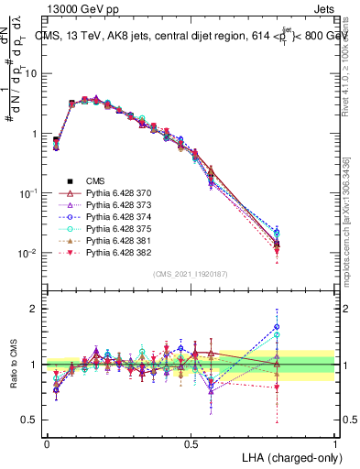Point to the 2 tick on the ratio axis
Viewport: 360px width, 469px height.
point(35,309)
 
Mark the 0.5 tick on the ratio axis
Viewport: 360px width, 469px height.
point(31,420)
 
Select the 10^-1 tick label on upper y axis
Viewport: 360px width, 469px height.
point(27,193)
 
